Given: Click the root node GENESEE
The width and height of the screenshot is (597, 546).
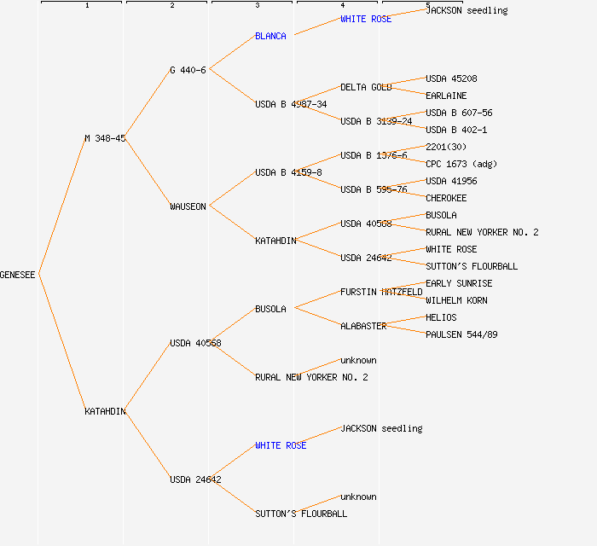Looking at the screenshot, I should click(x=18, y=275).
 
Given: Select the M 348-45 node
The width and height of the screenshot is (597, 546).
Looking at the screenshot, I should click(x=105, y=138).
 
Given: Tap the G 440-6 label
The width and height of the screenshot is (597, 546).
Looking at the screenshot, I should click(x=188, y=70).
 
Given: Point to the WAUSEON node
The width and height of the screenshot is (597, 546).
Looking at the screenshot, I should click(x=188, y=206).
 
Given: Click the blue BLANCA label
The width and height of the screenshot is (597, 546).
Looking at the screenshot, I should click(x=270, y=36).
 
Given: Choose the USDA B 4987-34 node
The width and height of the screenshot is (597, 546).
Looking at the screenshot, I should click(x=291, y=104).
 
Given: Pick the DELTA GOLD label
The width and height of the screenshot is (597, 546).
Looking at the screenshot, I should click(x=366, y=87).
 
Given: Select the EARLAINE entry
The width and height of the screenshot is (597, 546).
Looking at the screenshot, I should click(x=446, y=96).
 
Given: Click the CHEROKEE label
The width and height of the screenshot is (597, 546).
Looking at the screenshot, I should click(x=446, y=198).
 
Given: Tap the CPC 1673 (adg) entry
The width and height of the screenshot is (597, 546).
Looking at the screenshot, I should click(x=461, y=164).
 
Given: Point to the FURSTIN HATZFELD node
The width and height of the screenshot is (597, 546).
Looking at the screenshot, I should click(x=381, y=292).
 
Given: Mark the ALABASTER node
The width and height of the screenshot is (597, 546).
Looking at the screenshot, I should click(x=363, y=326).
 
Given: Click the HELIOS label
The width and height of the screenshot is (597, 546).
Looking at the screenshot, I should click(x=441, y=317).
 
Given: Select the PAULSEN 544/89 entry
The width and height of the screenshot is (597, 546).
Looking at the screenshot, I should click(x=461, y=334).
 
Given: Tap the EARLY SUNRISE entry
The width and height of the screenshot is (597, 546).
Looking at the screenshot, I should click(x=459, y=283).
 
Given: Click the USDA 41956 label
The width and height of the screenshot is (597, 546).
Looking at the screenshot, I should click(x=451, y=181).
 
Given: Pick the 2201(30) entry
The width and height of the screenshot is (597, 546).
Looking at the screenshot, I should click(x=446, y=147).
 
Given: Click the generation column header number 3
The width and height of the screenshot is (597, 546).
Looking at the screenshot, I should click(x=257, y=6).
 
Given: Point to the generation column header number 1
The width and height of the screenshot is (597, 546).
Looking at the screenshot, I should click(x=86, y=6).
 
